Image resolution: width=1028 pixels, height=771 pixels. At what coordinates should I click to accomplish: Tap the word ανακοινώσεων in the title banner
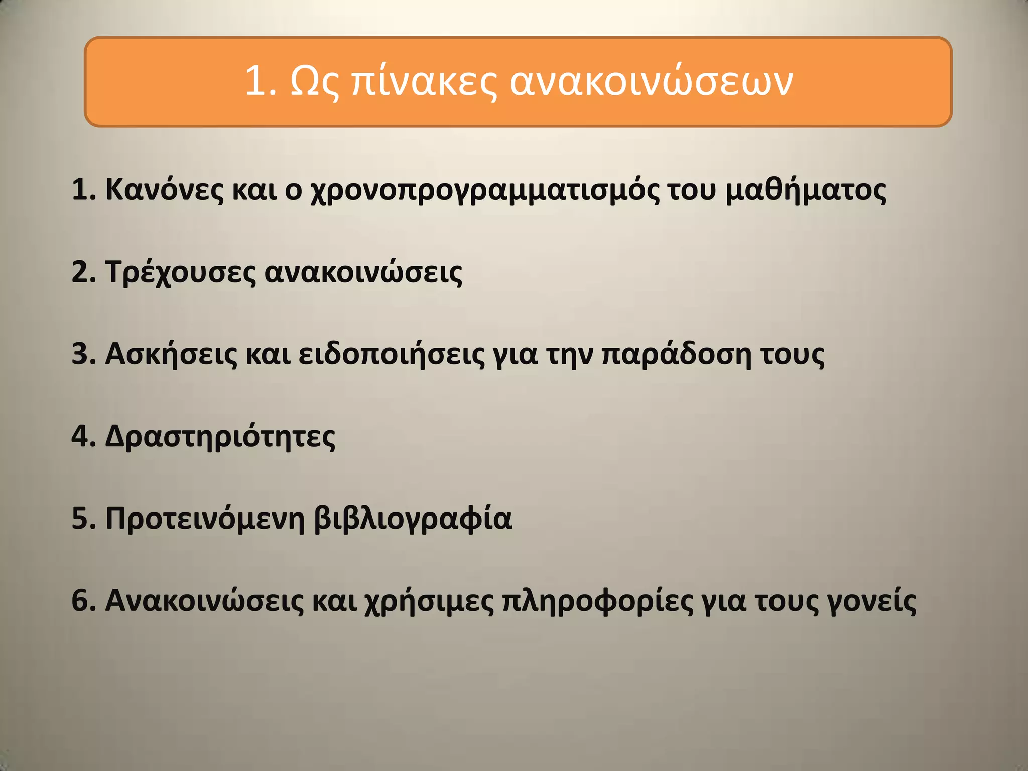(x=651, y=81)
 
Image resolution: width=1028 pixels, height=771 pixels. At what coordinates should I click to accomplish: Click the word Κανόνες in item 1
(x=164, y=190)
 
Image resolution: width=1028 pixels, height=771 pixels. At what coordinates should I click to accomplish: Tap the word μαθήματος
(x=806, y=190)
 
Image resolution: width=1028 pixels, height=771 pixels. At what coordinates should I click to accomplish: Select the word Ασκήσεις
(x=171, y=354)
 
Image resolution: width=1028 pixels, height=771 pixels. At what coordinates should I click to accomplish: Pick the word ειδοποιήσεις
(x=392, y=354)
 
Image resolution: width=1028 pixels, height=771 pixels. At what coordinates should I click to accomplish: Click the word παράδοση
(x=676, y=354)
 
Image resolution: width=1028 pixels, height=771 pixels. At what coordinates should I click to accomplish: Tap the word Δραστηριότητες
(x=220, y=437)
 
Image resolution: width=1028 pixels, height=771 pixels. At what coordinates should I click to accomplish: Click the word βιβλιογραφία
(x=413, y=519)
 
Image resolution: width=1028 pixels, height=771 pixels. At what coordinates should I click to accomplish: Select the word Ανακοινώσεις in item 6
(x=204, y=601)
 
